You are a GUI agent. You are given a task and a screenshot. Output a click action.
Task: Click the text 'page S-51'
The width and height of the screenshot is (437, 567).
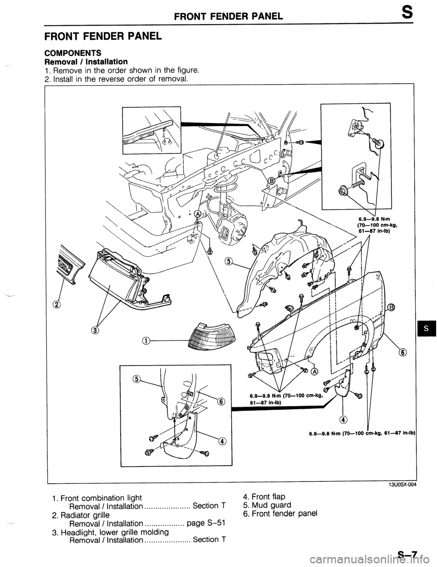203,523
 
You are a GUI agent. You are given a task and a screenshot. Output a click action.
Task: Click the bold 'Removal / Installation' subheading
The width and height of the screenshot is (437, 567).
85,61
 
